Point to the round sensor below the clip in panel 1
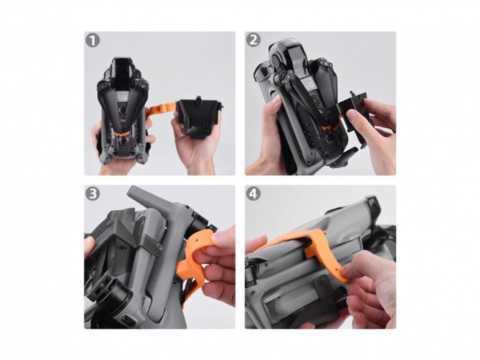124,142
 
